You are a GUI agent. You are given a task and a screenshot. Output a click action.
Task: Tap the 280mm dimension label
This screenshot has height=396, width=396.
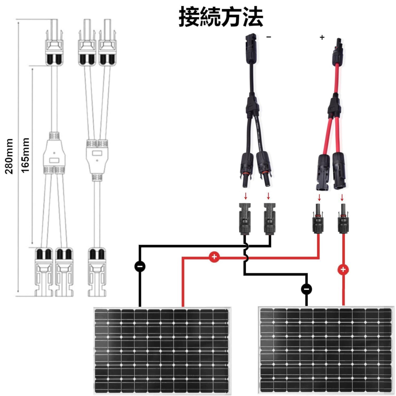(x=9, y=156)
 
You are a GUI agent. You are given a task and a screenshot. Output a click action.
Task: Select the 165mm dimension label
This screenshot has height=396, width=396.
(x=25, y=155)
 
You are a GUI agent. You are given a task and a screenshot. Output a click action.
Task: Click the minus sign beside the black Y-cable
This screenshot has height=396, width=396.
(x=269, y=37)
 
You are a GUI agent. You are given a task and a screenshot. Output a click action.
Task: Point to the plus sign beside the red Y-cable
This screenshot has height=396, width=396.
(x=322, y=37)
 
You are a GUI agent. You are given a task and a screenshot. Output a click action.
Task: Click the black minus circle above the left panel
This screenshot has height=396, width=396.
(x=140, y=266)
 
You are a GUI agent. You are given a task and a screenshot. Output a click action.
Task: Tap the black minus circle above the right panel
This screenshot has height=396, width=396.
(x=306, y=289)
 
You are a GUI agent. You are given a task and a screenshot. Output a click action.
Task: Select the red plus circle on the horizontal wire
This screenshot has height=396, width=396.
(x=214, y=257)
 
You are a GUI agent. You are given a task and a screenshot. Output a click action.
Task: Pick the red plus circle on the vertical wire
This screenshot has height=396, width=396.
(x=343, y=270)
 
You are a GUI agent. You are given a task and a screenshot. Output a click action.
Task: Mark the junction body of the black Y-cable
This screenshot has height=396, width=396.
(x=252, y=106)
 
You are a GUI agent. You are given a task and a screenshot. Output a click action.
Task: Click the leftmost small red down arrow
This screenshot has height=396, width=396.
(x=246, y=196)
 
